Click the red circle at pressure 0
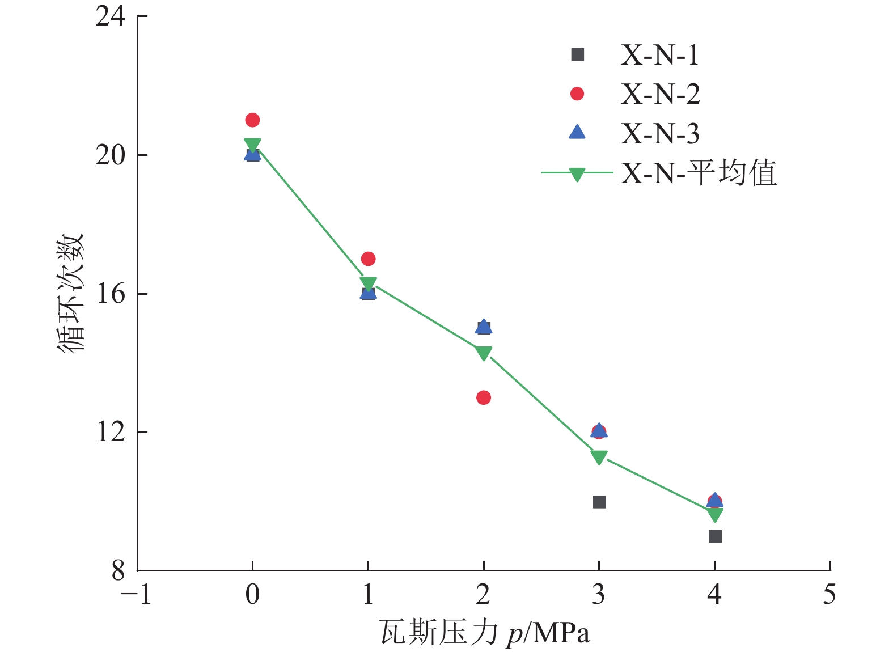point(252,120)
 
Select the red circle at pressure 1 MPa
point(368,259)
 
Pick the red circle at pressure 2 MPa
point(484,397)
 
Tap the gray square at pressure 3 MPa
point(599,502)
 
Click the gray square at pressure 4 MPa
point(715,536)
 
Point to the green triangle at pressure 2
point(484,353)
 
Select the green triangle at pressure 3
point(599,457)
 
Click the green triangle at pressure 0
point(252,145)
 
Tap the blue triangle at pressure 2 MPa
point(484,326)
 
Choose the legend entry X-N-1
point(659,55)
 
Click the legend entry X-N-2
point(660,94)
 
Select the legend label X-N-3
point(660,133)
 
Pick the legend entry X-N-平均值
point(698,172)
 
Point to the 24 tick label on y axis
point(110,17)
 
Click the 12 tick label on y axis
point(110,432)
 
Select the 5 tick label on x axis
point(829,595)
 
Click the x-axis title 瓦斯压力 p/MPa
point(485,633)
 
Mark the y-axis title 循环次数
point(71,293)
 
